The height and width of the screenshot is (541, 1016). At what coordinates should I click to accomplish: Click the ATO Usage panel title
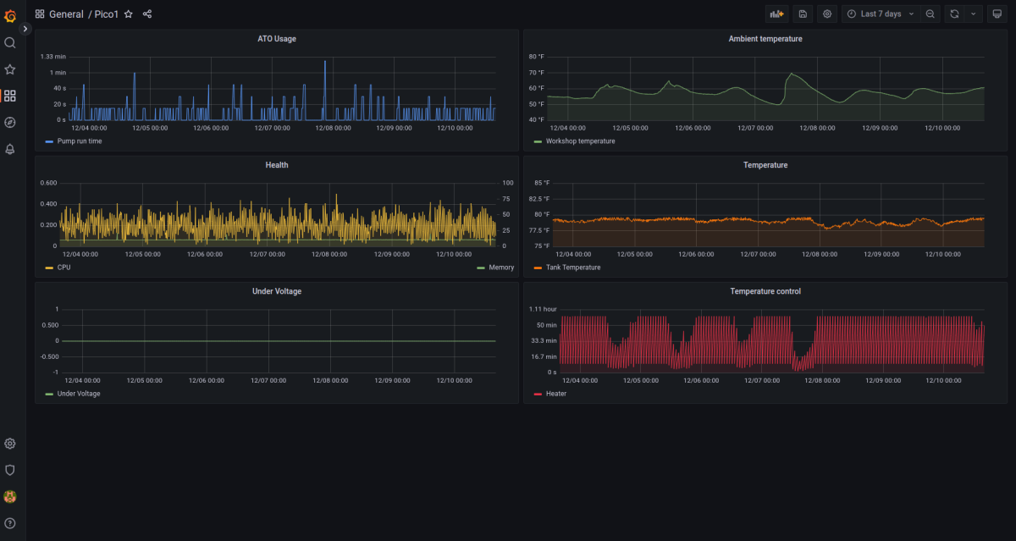coord(277,39)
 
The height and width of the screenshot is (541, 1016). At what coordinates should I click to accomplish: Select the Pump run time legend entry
coord(74,141)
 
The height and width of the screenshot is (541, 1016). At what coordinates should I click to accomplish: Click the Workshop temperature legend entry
coord(575,141)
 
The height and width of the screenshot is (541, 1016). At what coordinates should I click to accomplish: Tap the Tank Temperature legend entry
coord(567,268)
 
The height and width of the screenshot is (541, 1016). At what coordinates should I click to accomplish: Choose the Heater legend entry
coord(550,394)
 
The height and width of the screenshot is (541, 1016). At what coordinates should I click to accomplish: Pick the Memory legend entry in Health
coord(495,268)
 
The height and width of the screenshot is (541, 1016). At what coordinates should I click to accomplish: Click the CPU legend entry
coord(58,268)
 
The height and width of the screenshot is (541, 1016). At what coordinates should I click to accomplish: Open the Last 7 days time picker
coord(881,14)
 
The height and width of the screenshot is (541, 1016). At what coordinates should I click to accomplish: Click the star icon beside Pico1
coord(129,14)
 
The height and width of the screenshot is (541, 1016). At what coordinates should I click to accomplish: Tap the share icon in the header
coord(147,14)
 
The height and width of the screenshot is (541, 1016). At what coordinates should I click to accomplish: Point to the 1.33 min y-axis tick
coord(53,57)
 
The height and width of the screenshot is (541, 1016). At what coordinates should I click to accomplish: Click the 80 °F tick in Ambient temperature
coord(536,57)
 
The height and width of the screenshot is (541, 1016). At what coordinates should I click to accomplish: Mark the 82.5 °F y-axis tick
coord(538,199)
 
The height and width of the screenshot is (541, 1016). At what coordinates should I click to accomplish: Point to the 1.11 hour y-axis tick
coord(543,309)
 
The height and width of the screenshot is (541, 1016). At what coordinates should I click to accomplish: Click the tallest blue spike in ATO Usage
coord(325,62)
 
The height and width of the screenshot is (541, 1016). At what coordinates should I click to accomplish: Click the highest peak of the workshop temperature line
coord(792,74)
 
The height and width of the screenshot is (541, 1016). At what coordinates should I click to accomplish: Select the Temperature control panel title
coord(765,291)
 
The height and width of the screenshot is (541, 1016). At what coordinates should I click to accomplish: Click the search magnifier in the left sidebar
coord(10,43)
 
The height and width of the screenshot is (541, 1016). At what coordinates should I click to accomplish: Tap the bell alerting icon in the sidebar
coord(10,149)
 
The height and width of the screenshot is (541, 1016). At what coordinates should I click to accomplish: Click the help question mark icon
coord(10,523)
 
